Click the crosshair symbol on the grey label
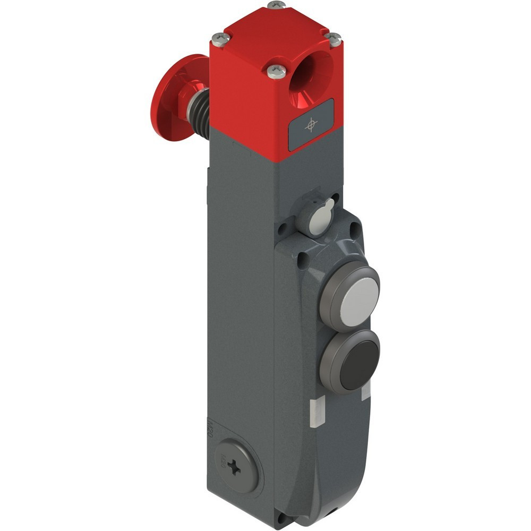point(311,125)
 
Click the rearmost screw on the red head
point(276,5)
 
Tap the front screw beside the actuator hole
point(276,71)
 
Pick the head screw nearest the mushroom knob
point(220,38)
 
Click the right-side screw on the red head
point(333,39)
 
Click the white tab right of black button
point(366,391)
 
